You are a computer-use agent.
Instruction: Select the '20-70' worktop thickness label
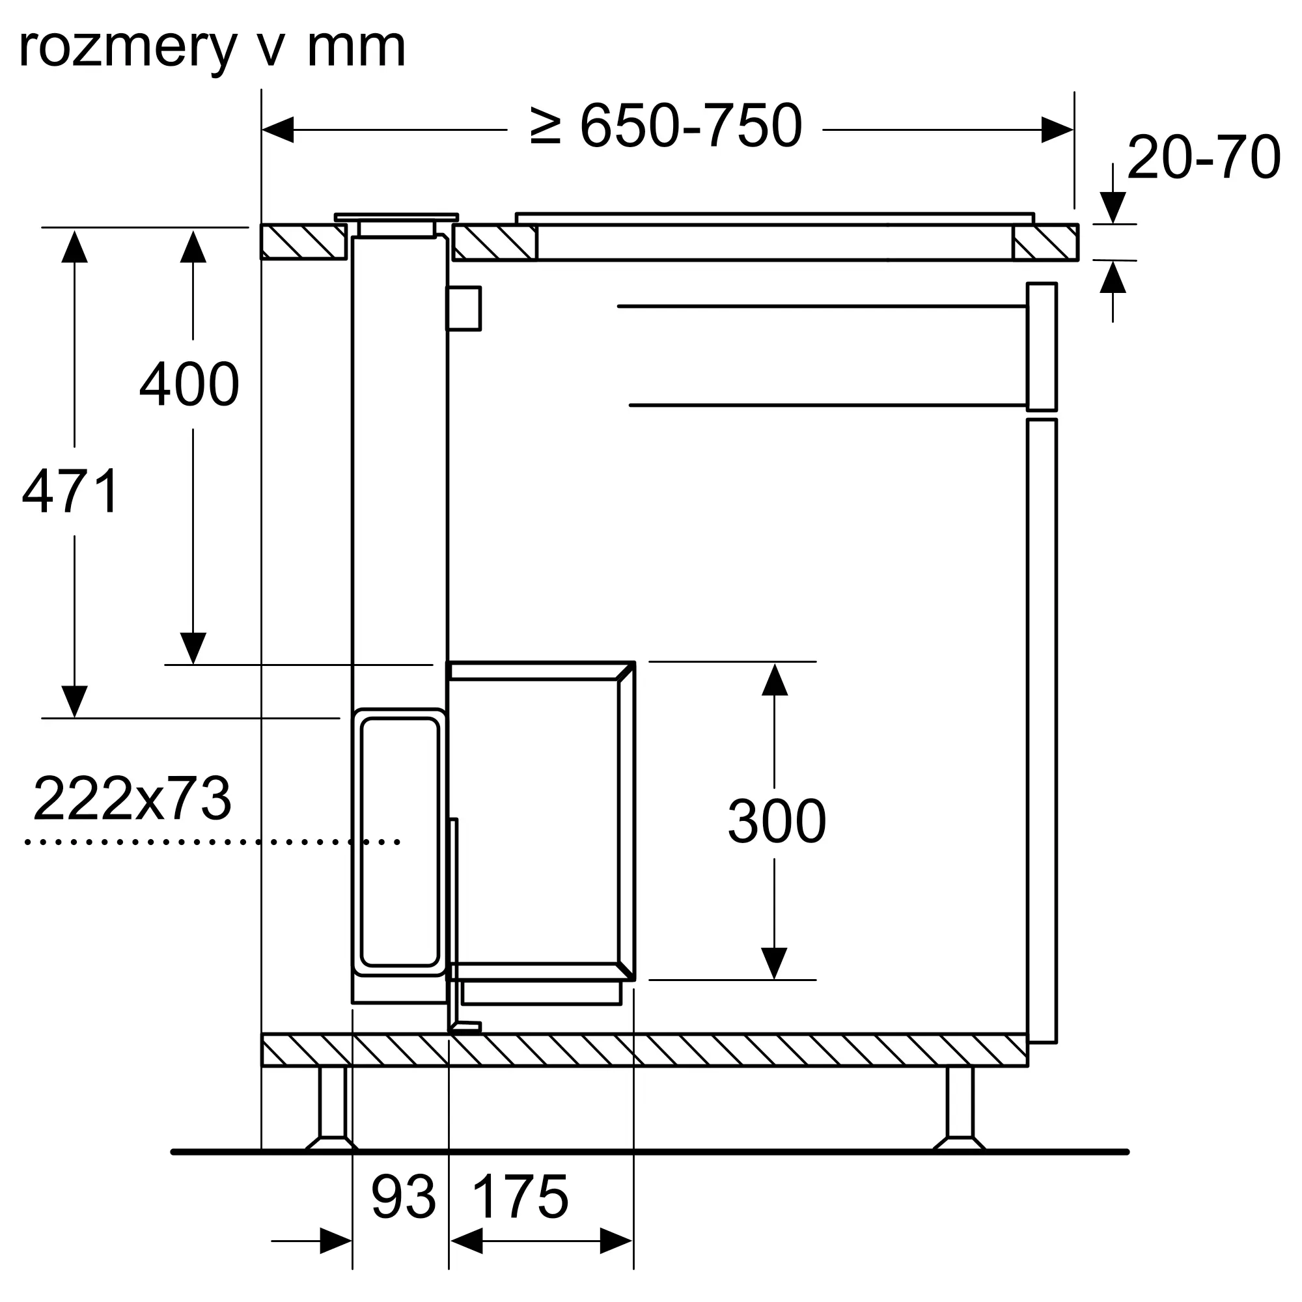click(1204, 157)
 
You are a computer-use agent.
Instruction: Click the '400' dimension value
click(189, 384)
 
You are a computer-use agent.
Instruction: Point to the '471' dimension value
click(71, 492)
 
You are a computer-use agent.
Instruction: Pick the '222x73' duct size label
click(132, 799)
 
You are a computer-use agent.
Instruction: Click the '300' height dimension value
click(777, 821)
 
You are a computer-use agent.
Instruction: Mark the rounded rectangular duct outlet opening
click(400, 842)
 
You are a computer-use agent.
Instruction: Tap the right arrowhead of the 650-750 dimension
click(1057, 130)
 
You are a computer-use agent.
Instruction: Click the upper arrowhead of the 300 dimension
click(774, 679)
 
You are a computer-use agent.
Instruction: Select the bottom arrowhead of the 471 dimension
click(74, 702)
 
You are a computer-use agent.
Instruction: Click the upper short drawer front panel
click(1042, 346)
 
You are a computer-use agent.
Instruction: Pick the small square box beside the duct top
click(464, 309)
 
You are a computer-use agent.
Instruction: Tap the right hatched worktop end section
click(1046, 242)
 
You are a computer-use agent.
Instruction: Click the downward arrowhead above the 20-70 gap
click(1113, 208)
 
